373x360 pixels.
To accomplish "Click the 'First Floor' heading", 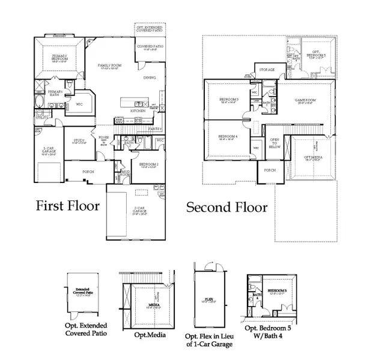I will click(x=67, y=206).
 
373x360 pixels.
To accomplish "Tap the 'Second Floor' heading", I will click(x=226, y=208).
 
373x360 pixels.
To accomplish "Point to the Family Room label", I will click(x=110, y=66).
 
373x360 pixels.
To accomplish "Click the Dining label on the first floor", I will click(x=150, y=77).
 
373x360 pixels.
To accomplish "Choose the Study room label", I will click(x=76, y=140).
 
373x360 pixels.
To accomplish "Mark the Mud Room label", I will click(x=126, y=174).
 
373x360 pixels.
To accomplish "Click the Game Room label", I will click(x=303, y=100).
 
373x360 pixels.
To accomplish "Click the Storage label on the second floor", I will click(x=267, y=70).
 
